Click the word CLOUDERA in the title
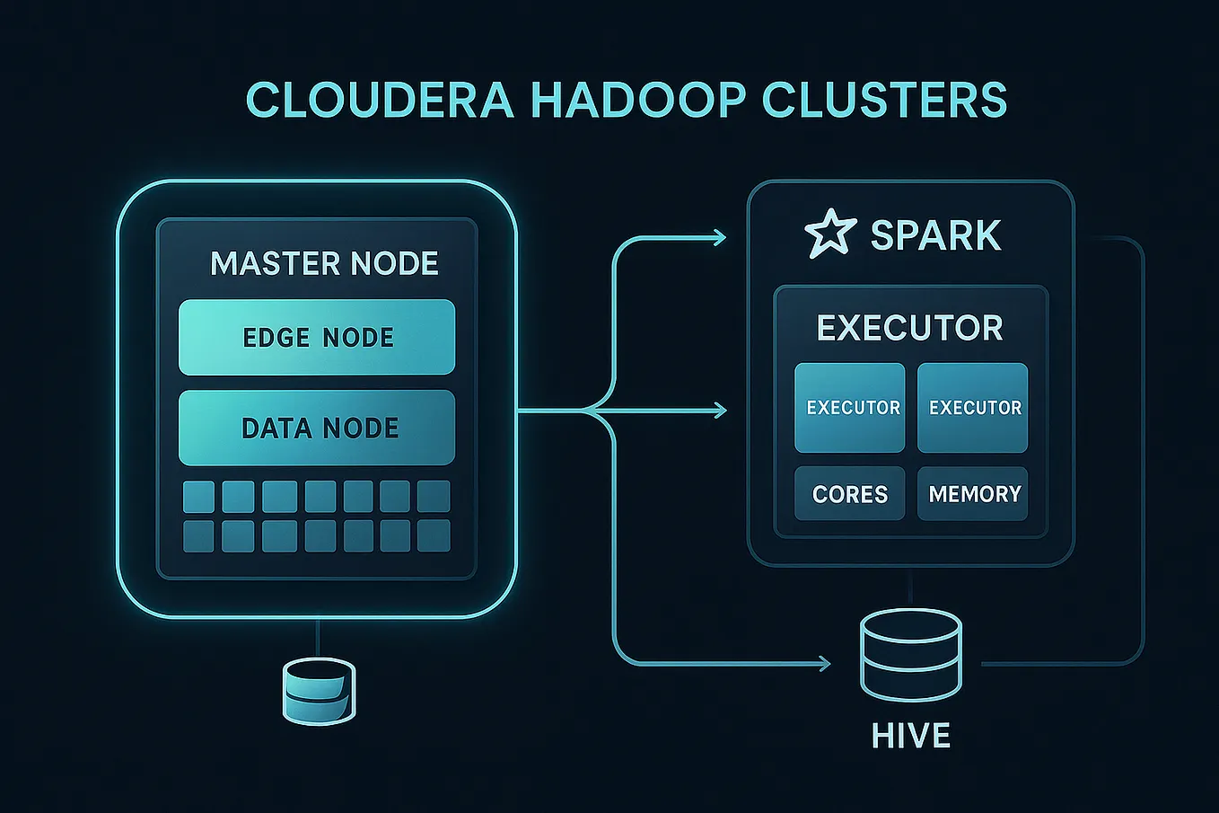(x=379, y=100)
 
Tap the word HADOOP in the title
(x=637, y=100)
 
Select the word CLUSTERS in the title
(x=884, y=100)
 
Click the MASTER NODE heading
(x=324, y=263)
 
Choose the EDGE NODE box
(x=317, y=337)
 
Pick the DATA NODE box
(x=317, y=428)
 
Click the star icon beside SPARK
(x=829, y=234)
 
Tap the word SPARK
(x=935, y=235)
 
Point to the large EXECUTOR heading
(x=909, y=328)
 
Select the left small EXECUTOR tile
(x=850, y=408)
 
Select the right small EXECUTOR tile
(x=972, y=408)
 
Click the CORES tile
(x=849, y=494)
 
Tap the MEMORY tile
(x=973, y=494)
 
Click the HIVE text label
(x=910, y=737)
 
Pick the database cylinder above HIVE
(x=910, y=656)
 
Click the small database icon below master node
(x=319, y=690)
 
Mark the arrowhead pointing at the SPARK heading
(x=719, y=237)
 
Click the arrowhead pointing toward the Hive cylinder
(x=823, y=664)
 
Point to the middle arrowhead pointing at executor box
(x=719, y=411)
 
